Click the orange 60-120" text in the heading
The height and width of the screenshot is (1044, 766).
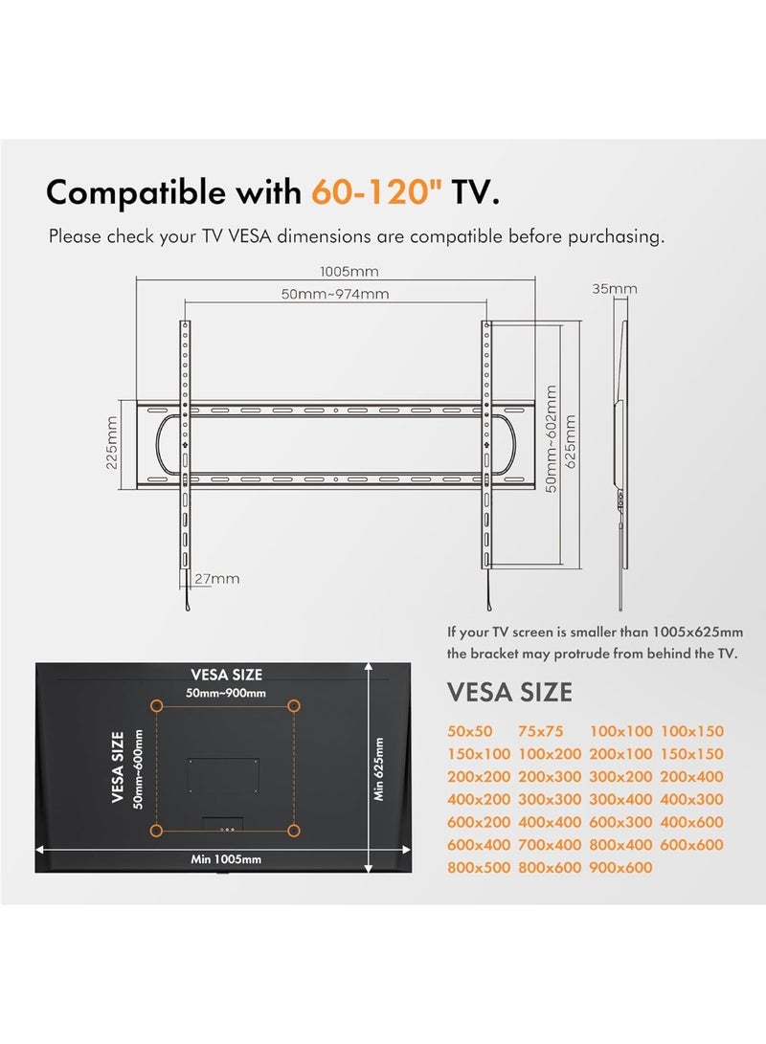point(377,192)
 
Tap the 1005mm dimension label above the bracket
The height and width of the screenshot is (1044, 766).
point(349,271)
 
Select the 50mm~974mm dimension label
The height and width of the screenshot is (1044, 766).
point(335,294)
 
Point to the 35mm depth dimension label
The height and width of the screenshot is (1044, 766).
point(615,288)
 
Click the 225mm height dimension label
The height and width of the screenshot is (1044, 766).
point(112,443)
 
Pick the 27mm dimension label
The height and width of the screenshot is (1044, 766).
point(217,579)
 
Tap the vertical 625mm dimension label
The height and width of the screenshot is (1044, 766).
point(570,442)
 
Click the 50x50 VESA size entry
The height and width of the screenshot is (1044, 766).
point(469,731)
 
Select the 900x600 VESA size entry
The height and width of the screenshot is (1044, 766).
point(620,867)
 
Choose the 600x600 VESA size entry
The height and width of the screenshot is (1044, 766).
point(691,844)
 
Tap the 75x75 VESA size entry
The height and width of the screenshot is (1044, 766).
point(540,731)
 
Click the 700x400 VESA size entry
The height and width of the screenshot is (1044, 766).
point(550,844)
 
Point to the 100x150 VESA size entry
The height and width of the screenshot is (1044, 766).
point(691,731)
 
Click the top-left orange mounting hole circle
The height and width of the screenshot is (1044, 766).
point(156,706)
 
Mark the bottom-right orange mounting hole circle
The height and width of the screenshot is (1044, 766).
point(293,831)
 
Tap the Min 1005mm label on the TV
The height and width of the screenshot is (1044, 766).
point(226,859)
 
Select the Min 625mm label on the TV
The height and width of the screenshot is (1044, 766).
point(378,769)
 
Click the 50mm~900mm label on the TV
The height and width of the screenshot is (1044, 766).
point(226,693)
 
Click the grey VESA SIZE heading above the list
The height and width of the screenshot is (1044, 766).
point(509,693)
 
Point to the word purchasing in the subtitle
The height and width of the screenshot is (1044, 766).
point(616,237)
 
